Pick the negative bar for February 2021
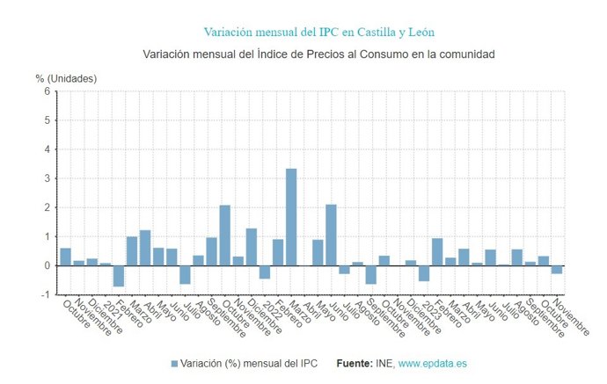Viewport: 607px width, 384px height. point(118,275)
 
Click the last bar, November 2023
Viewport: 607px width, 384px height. point(556,270)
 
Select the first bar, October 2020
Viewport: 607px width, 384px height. point(65,257)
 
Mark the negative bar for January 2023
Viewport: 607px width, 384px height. point(423,273)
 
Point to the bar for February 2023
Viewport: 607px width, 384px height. point(436,252)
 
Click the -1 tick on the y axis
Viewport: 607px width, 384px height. point(45,294)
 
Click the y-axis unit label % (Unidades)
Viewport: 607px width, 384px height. point(67,78)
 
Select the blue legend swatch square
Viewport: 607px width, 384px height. point(174,364)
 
